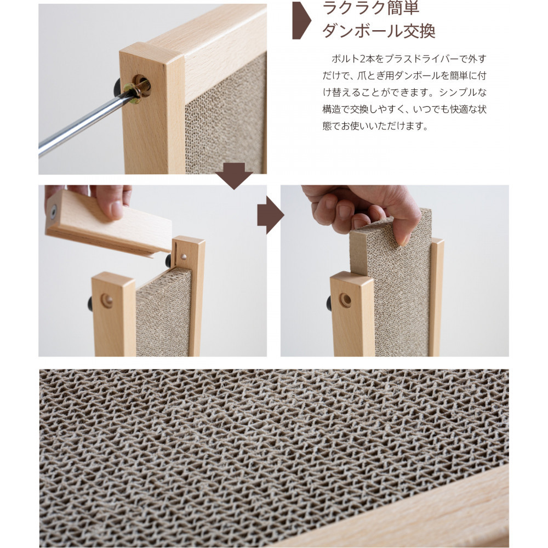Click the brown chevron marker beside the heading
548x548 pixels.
pos(300,21)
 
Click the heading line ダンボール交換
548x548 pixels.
pos(379,32)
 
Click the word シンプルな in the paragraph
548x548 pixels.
pos(465,93)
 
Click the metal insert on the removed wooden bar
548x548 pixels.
pos(54,210)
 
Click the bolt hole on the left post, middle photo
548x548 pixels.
pos(107,300)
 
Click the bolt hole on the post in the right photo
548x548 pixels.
pos(345,300)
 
